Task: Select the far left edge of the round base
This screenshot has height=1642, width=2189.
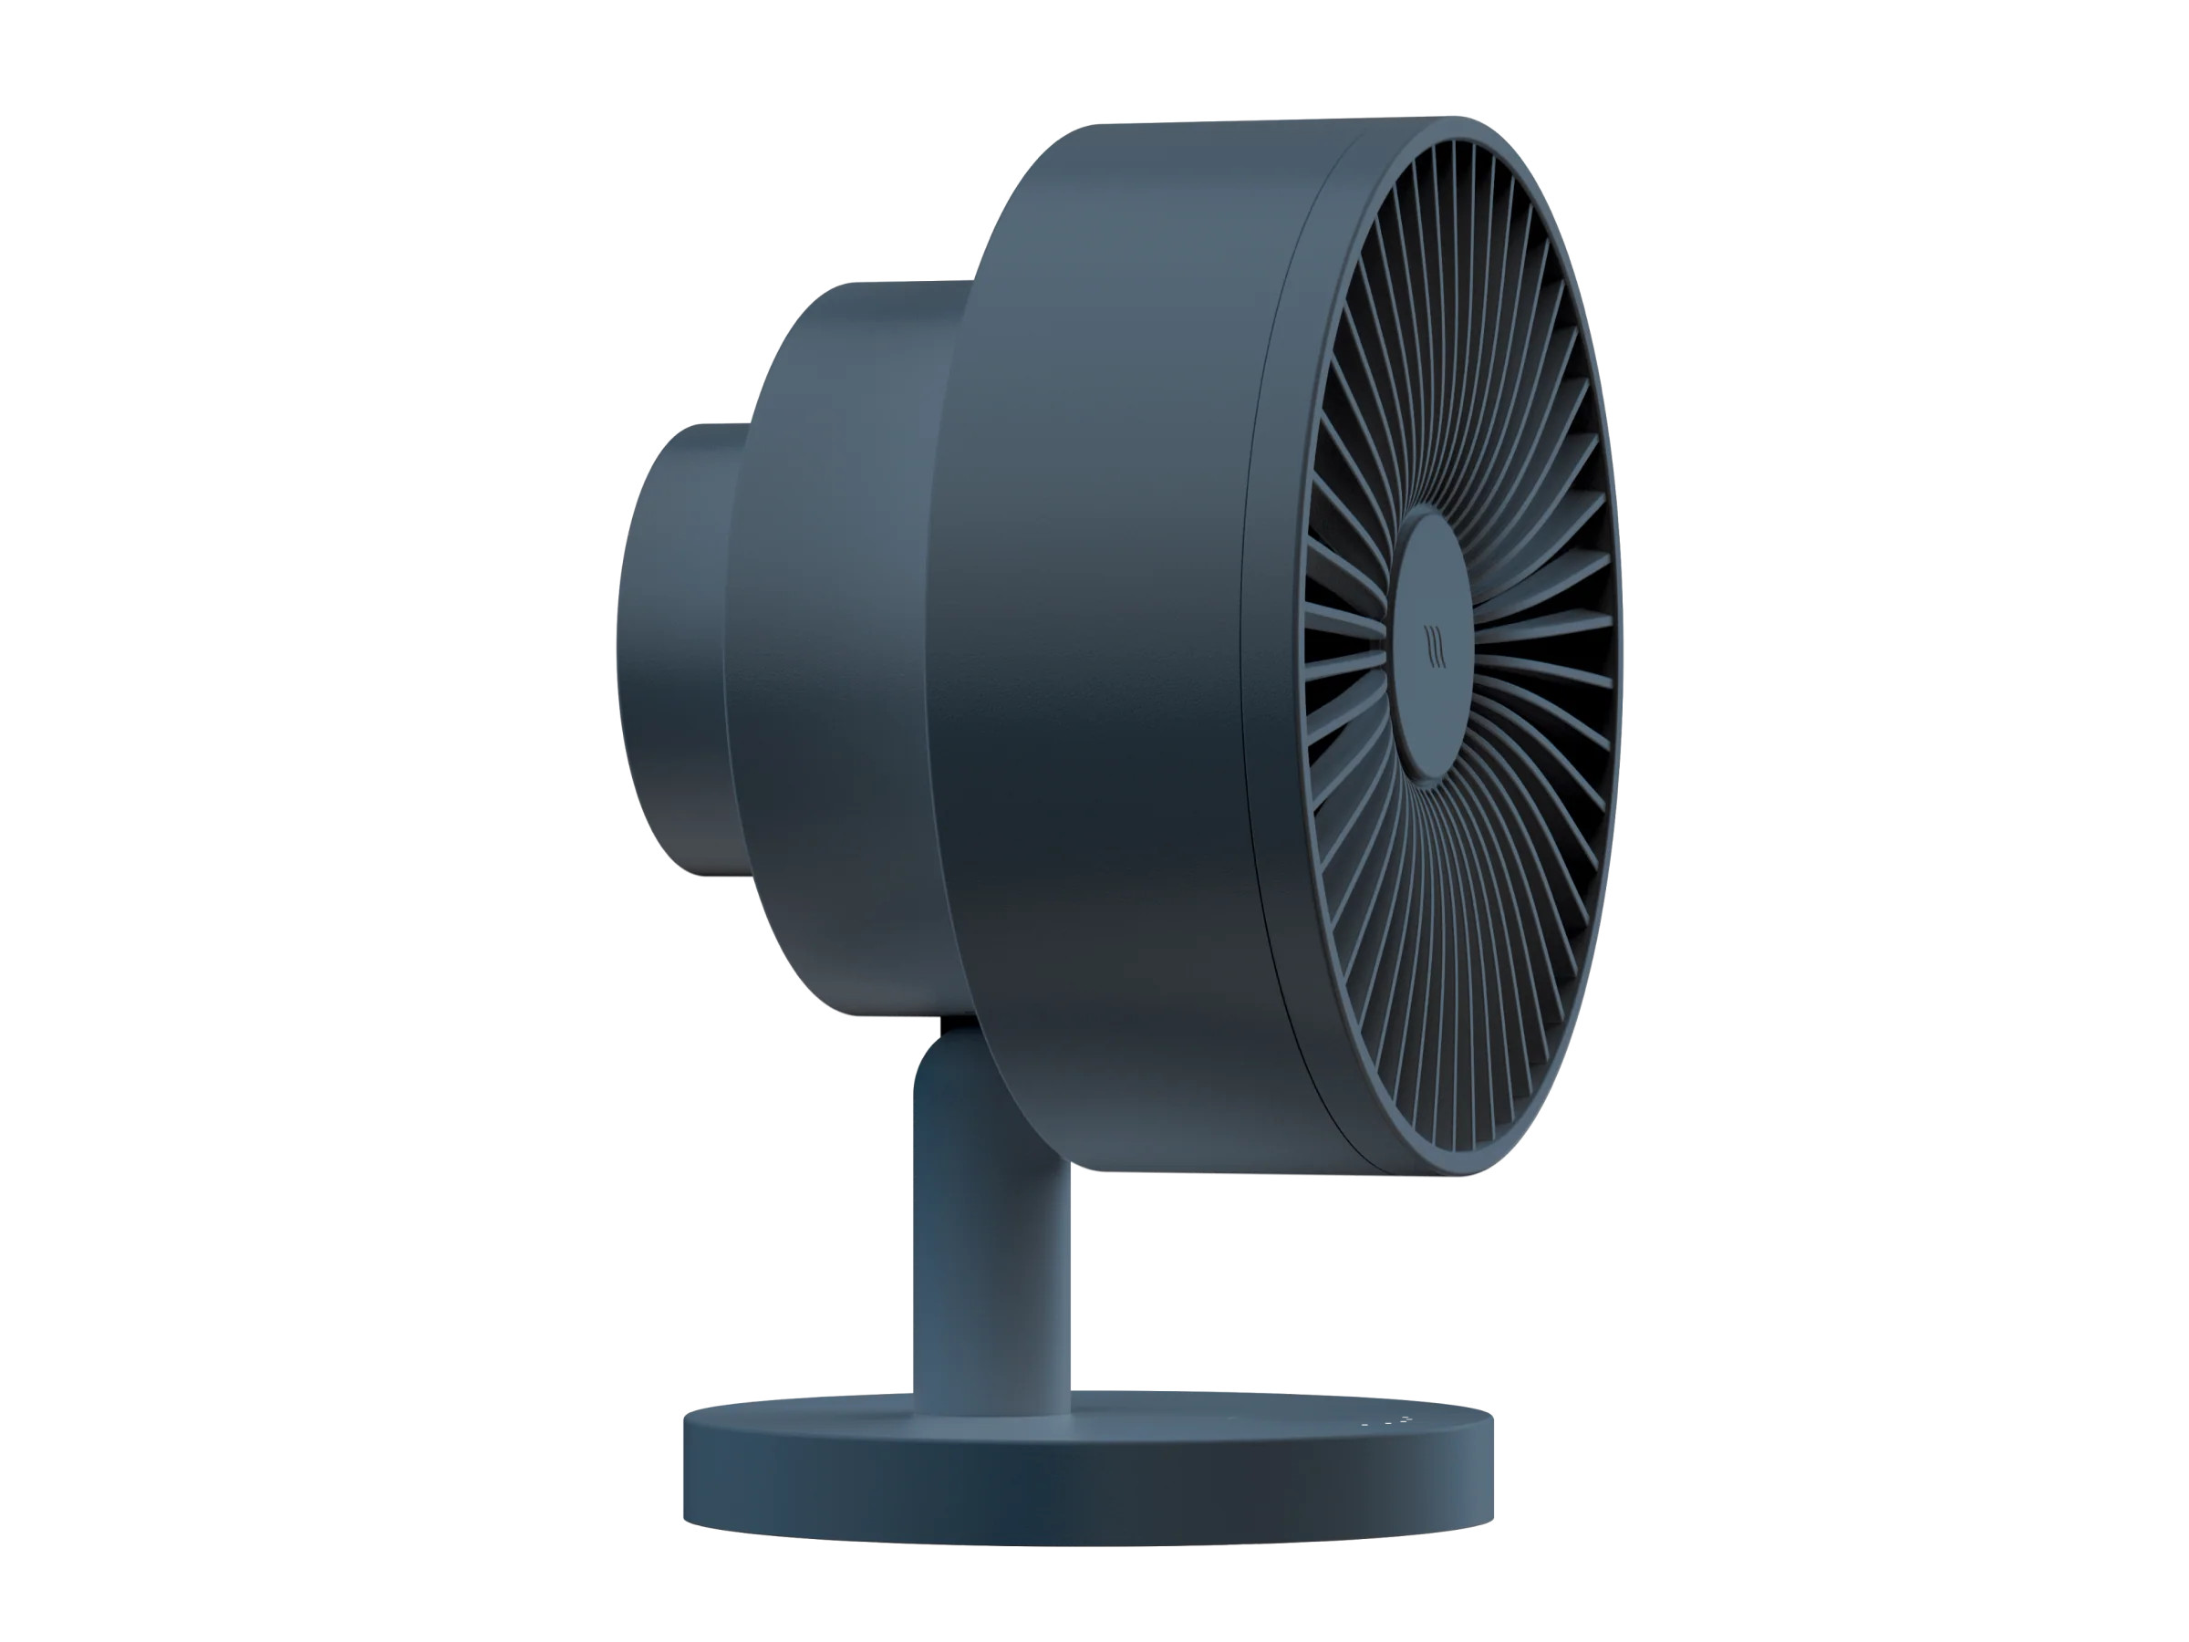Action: [x=686, y=1465]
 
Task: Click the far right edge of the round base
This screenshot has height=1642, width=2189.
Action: [x=1492, y=1465]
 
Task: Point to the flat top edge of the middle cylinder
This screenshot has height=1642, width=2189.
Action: [x=910, y=283]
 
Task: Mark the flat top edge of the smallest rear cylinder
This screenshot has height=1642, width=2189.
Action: [x=718, y=426]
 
